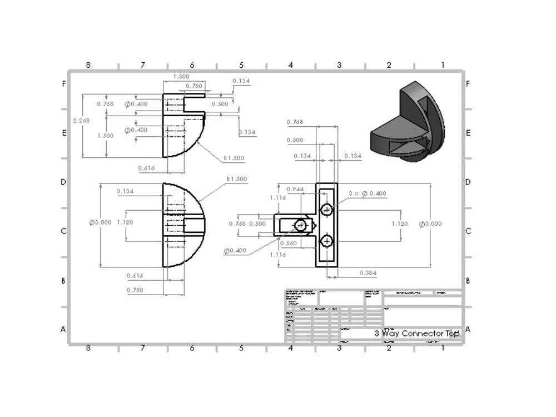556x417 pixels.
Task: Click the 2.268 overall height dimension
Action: pyautogui.click(x=81, y=120)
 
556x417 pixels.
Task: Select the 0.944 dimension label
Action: pyautogui.click(x=295, y=190)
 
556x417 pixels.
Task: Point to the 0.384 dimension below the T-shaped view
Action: pyautogui.click(x=368, y=272)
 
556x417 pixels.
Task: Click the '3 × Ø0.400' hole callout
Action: pyautogui.click(x=367, y=193)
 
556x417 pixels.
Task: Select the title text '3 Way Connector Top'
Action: pyautogui.click(x=416, y=333)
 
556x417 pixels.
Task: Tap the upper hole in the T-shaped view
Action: pyautogui.click(x=327, y=210)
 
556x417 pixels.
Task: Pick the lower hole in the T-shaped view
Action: pyautogui.click(x=327, y=240)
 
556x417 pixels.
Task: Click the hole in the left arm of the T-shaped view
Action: pyautogui.click(x=301, y=225)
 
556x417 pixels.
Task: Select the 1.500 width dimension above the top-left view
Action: pyautogui.click(x=181, y=77)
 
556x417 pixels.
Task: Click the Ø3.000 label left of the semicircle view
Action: pyautogui.click(x=101, y=222)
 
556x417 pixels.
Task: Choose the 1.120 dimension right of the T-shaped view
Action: pyautogui.click(x=399, y=224)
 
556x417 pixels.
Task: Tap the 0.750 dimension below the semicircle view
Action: pyautogui.click(x=135, y=290)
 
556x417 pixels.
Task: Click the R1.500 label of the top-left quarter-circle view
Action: pyautogui.click(x=234, y=158)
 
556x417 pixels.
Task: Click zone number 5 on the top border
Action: pyautogui.click(x=241, y=66)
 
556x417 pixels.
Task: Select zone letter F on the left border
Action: pyautogui.click(x=64, y=85)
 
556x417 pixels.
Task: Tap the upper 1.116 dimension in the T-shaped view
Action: pyautogui.click(x=278, y=198)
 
